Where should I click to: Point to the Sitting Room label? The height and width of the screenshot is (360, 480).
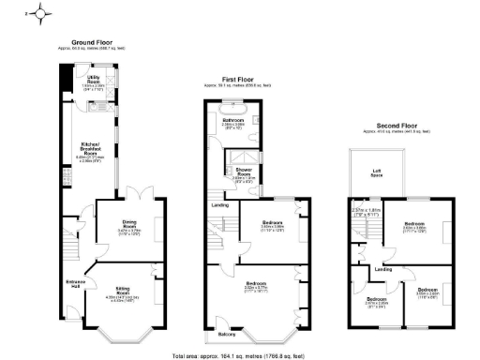coord(124,292)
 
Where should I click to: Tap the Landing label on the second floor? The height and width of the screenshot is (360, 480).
coord(383,270)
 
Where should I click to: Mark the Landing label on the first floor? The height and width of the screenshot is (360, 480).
coord(219,205)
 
